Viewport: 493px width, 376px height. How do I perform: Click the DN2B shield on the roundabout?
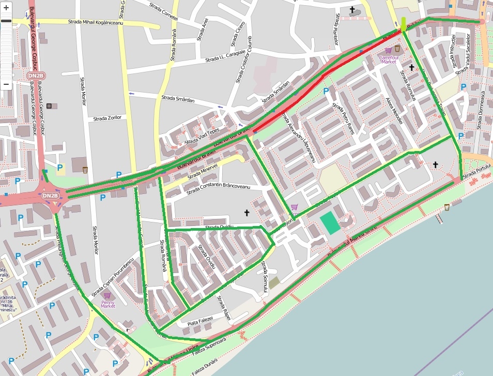pos(50,196)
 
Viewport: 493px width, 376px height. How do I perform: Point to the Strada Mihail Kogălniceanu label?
pos(98,22)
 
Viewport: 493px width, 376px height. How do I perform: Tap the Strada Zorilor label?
pos(107,118)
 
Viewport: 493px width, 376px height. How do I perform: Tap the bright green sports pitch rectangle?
pos(330,223)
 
